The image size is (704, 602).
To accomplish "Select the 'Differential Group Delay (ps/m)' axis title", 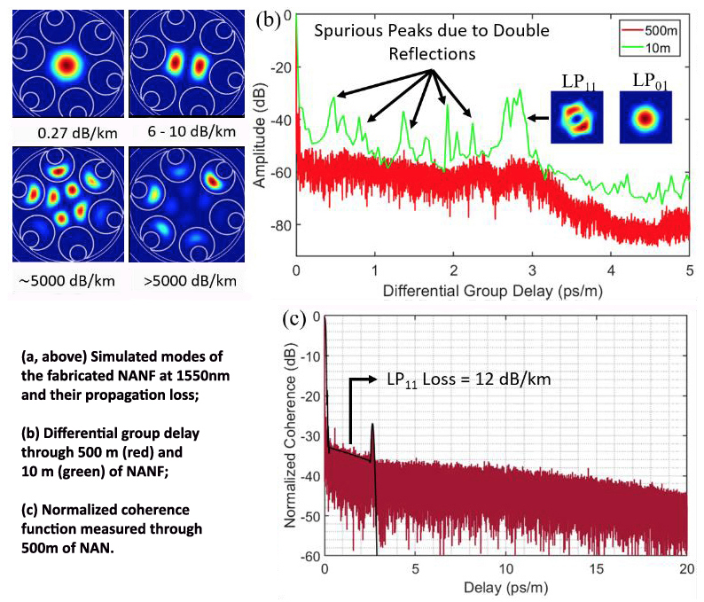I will click(493, 290).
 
